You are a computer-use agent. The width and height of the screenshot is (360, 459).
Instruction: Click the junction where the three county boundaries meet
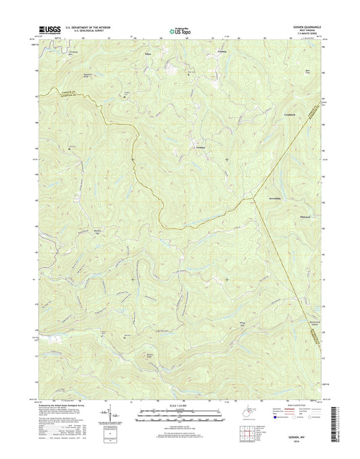255,198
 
